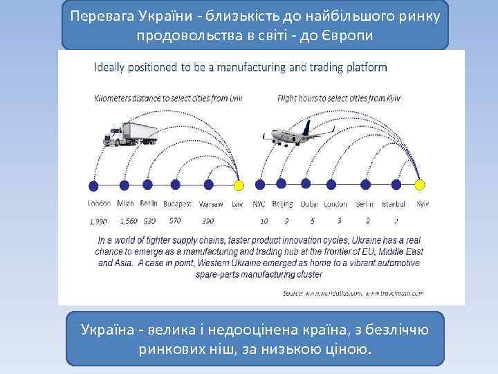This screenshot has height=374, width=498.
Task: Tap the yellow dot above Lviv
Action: click(x=239, y=186)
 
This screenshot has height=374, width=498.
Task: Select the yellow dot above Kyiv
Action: click(x=420, y=185)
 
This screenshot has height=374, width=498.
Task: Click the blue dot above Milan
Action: click(x=125, y=185)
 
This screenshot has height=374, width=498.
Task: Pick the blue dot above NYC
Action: click(x=259, y=185)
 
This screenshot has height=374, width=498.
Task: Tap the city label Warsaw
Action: click(x=210, y=205)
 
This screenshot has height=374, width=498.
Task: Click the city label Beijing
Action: click(x=282, y=204)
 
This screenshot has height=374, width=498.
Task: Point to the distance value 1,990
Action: click(x=98, y=222)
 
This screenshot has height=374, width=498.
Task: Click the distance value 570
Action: click(x=175, y=221)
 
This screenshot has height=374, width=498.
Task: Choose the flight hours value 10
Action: click(x=264, y=222)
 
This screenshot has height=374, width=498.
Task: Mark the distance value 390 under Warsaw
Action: click(x=207, y=222)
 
